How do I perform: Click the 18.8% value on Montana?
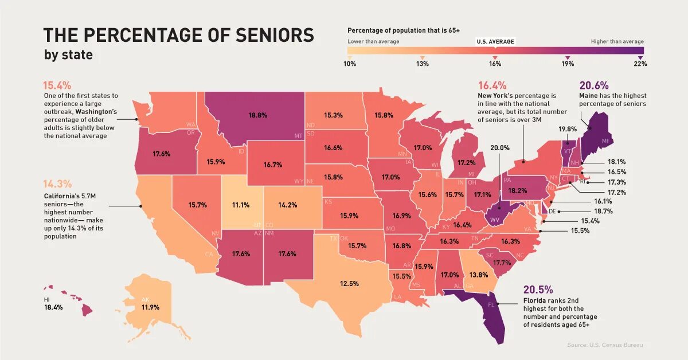pyautogui.click(x=257, y=115)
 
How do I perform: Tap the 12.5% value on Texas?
pyautogui.click(x=349, y=284)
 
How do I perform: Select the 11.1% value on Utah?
pyautogui.click(x=241, y=205)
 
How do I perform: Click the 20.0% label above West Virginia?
pyautogui.click(x=499, y=147)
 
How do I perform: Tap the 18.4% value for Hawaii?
pyautogui.click(x=53, y=308)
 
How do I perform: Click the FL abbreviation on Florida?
pyautogui.click(x=491, y=305)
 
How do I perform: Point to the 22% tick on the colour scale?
pyautogui.click(x=640, y=64)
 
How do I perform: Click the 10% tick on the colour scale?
pyautogui.click(x=350, y=64)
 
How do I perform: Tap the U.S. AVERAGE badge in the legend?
pyautogui.click(x=495, y=42)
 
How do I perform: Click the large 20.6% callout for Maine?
pyautogui.click(x=593, y=85)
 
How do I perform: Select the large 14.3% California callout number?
pyautogui.click(x=57, y=184)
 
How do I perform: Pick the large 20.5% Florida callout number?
pyautogui.click(x=538, y=289)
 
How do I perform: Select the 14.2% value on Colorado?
pyautogui.click(x=288, y=205)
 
